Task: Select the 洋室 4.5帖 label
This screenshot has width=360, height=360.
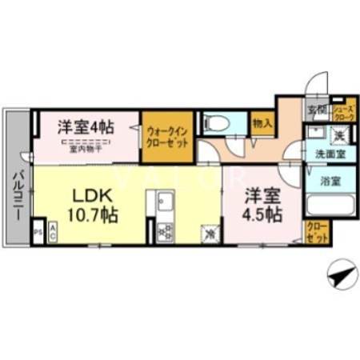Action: pyautogui.click(x=262, y=205)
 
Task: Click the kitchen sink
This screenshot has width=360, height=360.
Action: pyautogui.click(x=163, y=201)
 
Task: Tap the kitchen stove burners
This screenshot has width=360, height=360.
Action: pyautogui.click(x=166, y=232)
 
